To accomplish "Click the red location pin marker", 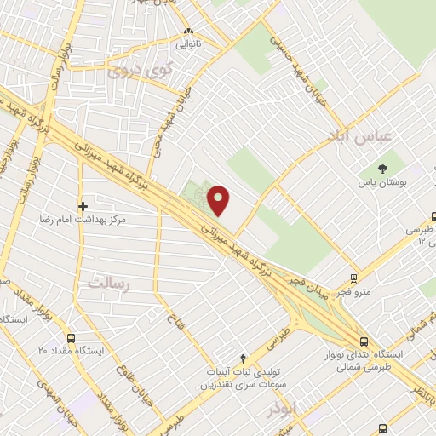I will point(220,200).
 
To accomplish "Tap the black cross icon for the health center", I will point(83,206).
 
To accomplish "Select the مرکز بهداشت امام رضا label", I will point(82,220).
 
